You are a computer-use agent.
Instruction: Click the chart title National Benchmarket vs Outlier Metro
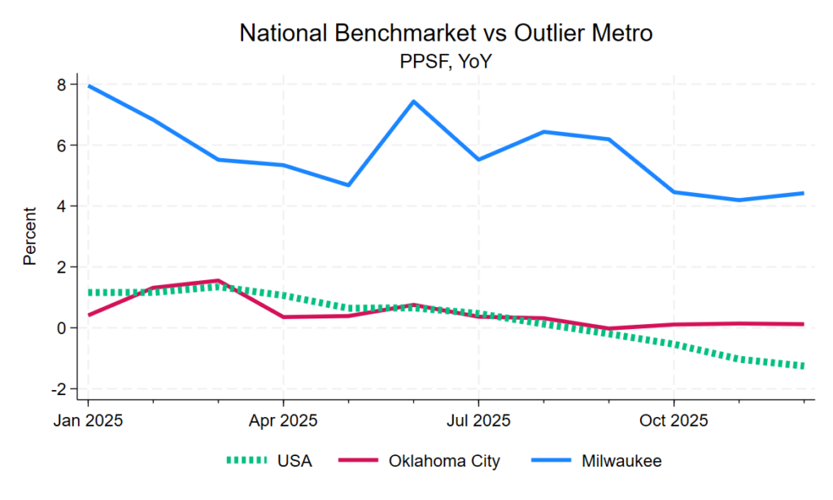point(446,33)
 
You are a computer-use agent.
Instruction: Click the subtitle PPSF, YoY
point(446,60)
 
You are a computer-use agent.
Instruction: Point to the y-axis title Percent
point(30,236)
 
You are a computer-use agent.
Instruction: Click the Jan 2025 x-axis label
point(88,420)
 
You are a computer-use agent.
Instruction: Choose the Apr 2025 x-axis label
point(283,420)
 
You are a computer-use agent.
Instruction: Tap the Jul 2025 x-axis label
point(478,420)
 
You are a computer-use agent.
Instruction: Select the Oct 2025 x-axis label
point(674,420)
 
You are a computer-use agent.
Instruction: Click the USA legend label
point(294,461)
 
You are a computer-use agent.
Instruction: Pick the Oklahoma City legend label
point(445,461)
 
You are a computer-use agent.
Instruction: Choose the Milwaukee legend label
point(621,461)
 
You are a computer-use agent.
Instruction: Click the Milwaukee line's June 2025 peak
point(413,102)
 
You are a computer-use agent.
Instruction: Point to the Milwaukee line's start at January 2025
point(88,86)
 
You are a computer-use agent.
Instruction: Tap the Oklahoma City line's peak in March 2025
point(217,281)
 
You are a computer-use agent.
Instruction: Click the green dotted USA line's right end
point(804,366)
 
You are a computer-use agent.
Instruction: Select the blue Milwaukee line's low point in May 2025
point(348,185)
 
